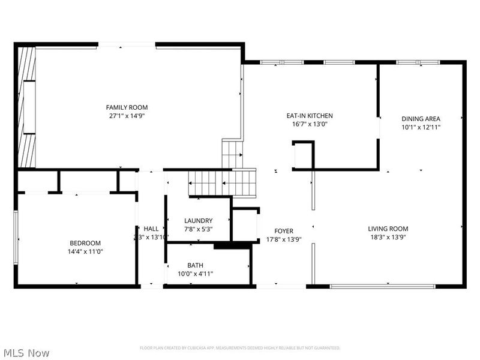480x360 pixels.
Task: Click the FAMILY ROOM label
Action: (122, 107)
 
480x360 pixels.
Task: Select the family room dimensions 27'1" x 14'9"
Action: (122, 116)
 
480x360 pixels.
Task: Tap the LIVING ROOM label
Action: (388, 229)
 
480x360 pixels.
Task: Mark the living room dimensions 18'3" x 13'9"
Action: (388, 238)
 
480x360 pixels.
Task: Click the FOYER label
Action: (284, 231)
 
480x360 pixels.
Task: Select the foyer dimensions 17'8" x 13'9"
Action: (284, 239)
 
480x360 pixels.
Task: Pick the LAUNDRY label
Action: (198, 221)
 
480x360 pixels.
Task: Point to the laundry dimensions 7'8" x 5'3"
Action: (198, 229)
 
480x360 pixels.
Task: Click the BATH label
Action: (196, 265)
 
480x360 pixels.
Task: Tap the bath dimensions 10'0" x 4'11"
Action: (196, 274)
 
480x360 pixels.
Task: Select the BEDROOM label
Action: (85, 243)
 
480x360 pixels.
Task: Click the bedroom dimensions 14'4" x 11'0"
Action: (85, 252)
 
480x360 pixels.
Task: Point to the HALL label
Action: (151, 229)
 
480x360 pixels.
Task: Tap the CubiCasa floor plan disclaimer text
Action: (240, 348)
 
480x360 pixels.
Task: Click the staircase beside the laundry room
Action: (222, 182)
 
